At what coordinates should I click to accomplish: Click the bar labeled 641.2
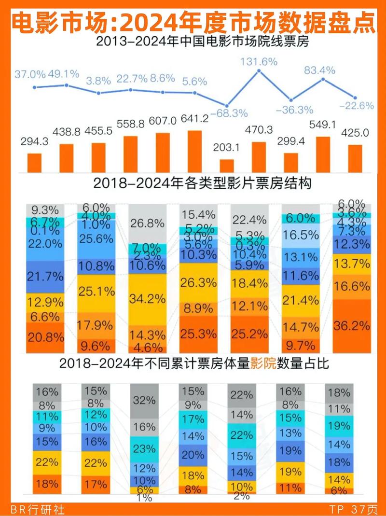(x=194, y=151)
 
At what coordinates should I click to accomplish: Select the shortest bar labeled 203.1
(x=227, y=165)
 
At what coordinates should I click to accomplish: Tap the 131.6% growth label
(x=259, y=61)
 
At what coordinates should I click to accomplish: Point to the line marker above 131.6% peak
(x=259, y=71)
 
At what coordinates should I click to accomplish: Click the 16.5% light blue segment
(x=301, y=235)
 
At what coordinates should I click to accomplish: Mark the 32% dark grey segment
(x=145, y=400)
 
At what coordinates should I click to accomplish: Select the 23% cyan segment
(x=145, y=448)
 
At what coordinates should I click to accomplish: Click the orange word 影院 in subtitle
(x=263, y=364)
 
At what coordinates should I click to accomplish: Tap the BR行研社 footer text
(x=32, y=509)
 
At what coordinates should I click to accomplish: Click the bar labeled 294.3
(x=34, y=161)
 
